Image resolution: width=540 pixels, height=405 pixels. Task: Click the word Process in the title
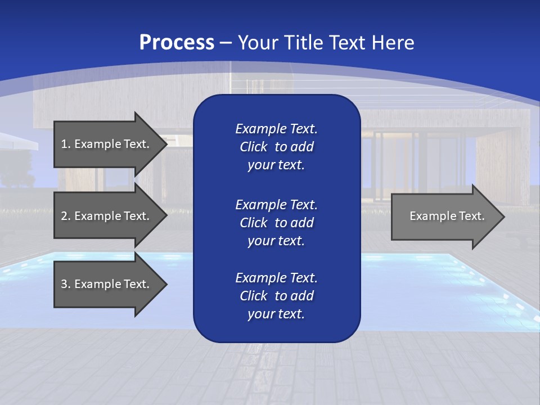click(x=177, y=43)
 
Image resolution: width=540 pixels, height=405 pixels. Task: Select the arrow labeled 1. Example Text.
click(x=107, y=144)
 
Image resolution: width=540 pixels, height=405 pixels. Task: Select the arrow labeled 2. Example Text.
click(x=107, y=216)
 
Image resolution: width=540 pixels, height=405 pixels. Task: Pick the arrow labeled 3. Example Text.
click(x=107, y=284)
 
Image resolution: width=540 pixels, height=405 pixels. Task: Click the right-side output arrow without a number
click(x=444, y=217)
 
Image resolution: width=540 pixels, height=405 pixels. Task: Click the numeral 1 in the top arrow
click(x=64, y=145)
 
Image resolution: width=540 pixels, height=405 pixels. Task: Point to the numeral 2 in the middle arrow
click(x=64, y=217)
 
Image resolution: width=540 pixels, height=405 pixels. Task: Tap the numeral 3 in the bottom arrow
click(x=64, y=285)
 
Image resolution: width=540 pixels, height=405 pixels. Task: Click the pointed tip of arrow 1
click(x=165, y=145)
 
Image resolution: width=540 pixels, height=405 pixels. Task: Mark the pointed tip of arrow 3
click(x=165, y=285)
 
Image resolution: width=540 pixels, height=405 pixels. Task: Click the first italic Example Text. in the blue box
click(x=276, y=129)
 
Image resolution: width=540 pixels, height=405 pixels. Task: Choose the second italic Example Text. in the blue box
click(x=276, y=204)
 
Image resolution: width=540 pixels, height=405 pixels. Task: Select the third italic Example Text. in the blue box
click(x=276, y=278)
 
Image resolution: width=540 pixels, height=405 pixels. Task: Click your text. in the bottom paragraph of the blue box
click(x=276, y=314)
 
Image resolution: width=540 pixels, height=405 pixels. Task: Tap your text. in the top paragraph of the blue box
click(x=276, y=165)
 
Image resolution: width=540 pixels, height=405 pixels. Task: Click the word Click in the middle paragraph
click(x=253, y=223)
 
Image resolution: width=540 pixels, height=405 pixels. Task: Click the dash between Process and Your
click(x=226, y=43)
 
